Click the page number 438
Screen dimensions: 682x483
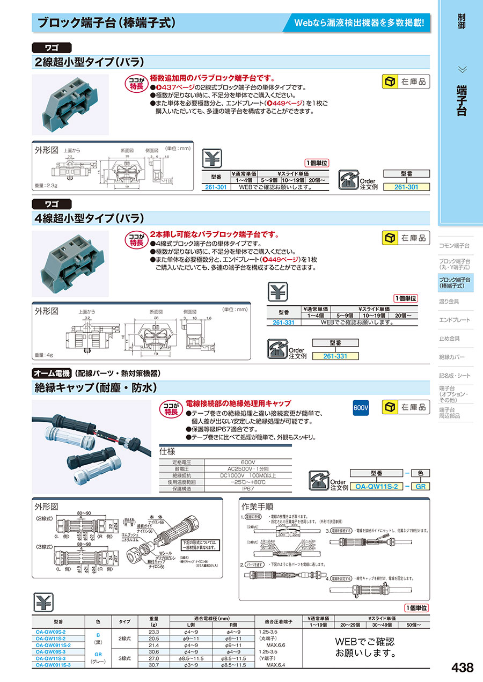point(463,668)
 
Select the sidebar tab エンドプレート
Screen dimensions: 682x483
point(454,320)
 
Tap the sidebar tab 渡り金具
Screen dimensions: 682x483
point(449,301)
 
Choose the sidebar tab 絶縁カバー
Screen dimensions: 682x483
point(452,357)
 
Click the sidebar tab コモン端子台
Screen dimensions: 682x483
point(454,245)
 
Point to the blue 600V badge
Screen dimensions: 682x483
point(361,407)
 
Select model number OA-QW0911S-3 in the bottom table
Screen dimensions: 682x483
point(53,664)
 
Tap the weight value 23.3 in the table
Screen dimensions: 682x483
point(153,632)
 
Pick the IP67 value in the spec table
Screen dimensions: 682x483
point(248,489)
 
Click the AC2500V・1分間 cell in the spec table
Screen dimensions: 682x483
point(248,468)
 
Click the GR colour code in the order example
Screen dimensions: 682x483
point(420,486)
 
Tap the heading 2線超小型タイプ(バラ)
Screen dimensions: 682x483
point(89,62)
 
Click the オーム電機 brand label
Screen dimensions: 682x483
point(52,373)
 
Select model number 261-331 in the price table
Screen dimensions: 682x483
point(283,322)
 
